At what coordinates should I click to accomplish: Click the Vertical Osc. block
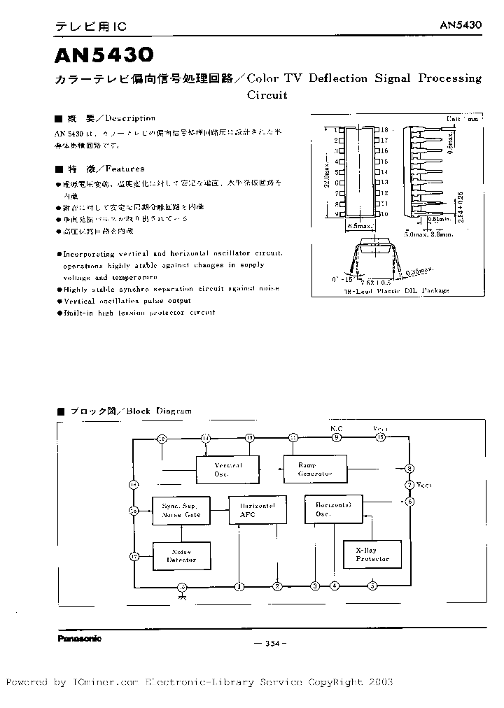coord(227,469)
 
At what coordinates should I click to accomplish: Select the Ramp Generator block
coord(315,469)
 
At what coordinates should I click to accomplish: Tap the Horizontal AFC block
coord(258,510)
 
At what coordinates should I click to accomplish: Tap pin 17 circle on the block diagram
coord(134,556)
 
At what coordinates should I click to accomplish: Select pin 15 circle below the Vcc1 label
coord(381,438)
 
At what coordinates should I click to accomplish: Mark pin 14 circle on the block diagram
coord(206,438)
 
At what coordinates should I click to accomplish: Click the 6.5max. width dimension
coord(358,227)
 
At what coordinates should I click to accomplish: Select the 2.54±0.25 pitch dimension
coord(460,208)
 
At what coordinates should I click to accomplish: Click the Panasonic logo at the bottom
coord(78,638)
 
